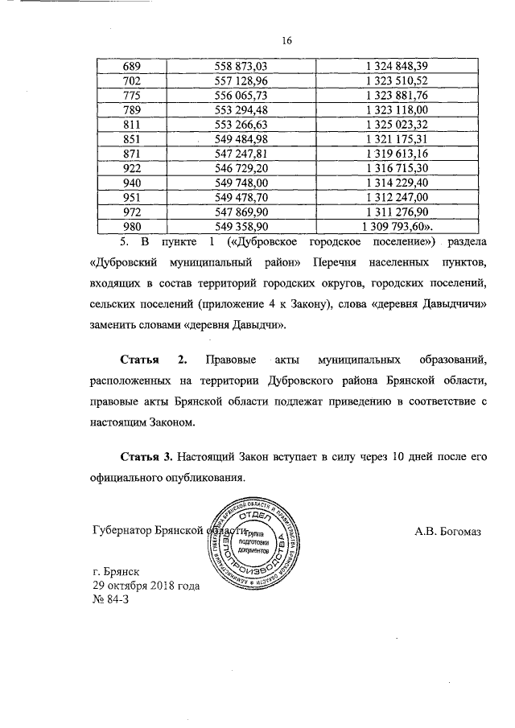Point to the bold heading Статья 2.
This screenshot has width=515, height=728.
coord(153,356)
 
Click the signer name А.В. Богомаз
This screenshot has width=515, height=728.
coord(446,532)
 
